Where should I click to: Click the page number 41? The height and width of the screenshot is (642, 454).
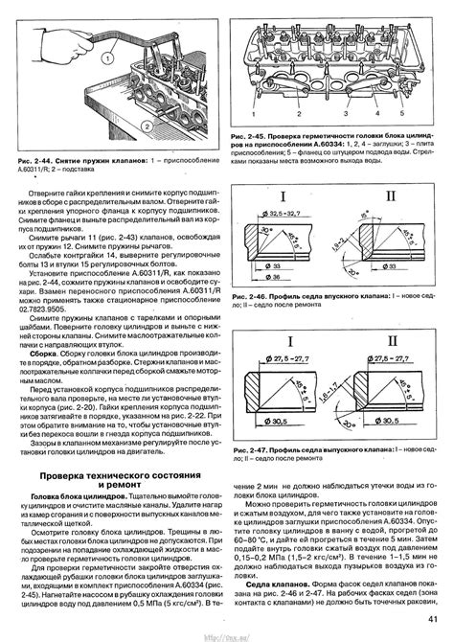(434, 628)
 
